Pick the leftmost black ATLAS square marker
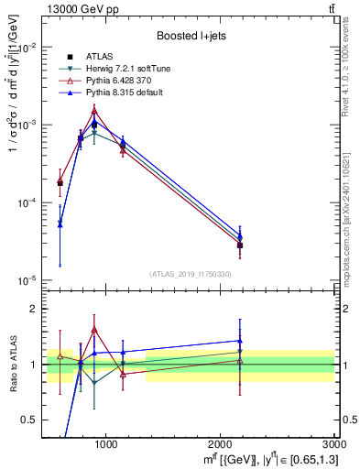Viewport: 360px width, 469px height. click(x=60, y=183)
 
